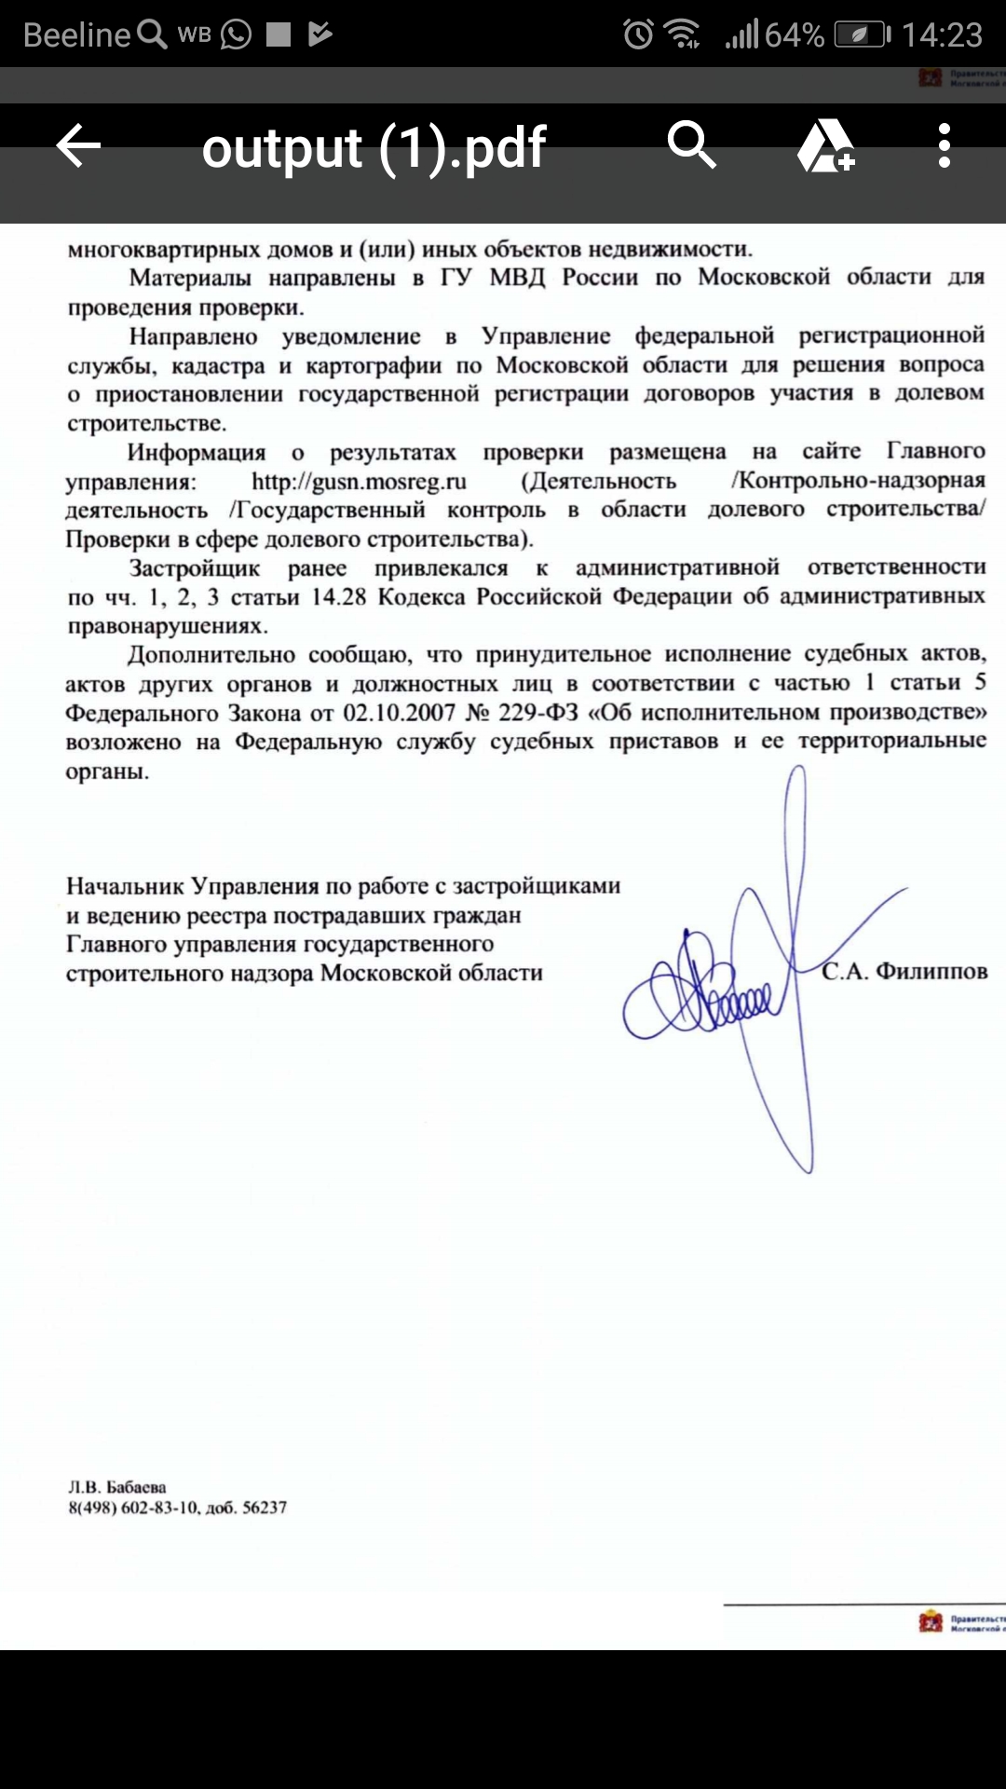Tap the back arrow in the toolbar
coord(78,146)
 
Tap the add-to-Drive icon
coord(825,146)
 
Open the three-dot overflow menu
coord(945,146)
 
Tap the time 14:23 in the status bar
coord(942,35)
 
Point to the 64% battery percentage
coord(794,35)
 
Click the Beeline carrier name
coord(76,35)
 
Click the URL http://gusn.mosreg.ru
coord(359,482)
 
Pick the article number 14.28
coord(338,597)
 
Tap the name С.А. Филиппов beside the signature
coord(904,972)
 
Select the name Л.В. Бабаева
coord(117,1487)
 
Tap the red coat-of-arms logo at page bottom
coord(931,1622)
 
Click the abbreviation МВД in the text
coord(517,278)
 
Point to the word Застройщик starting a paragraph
coord(195,568)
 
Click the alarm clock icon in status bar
coord(638,35)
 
